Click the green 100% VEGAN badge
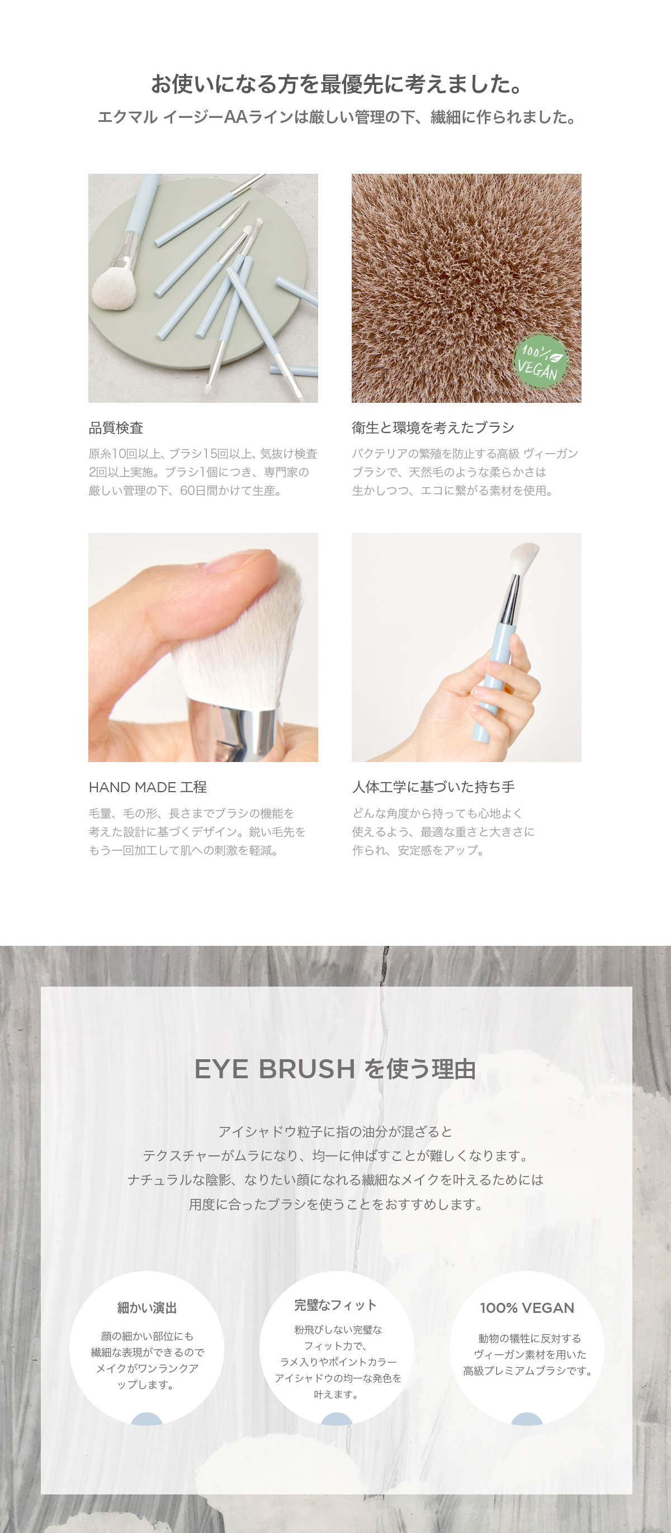[x=541, y=361]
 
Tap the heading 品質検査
[x=116, y=428]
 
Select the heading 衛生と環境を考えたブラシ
[x=433, y=428]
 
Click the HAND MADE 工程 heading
[x=148, y=787]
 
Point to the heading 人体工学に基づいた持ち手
[x=433, y=787]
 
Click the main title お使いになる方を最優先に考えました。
[x=337, y=84]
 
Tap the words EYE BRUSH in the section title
[x=275, y=1069]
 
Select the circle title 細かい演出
[x=147, y=1308]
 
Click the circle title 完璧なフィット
[x=336, y=1305]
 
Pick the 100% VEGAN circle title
[x=527, y=1308]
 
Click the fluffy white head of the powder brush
[x=113, y=289]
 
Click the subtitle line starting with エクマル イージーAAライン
[x=337, y=117]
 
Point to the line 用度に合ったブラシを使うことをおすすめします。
[x=336, y=1204]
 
